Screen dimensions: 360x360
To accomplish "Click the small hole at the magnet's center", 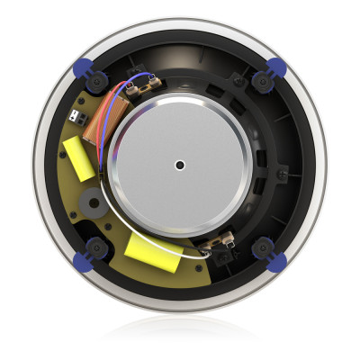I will tap(181, 165).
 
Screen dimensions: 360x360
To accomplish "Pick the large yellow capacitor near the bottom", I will tap(154, 249).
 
